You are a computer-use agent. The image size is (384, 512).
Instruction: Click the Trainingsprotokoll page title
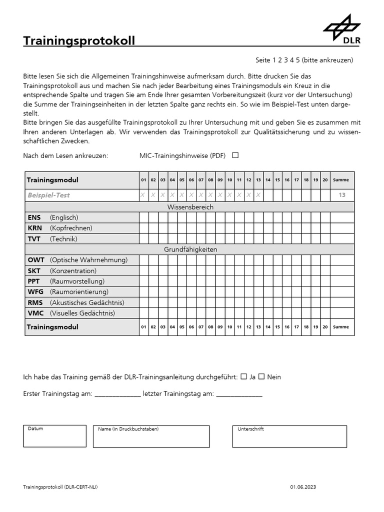coord(79,41)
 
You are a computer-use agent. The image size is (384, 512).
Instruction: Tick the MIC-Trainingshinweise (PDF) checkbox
coord(235,155)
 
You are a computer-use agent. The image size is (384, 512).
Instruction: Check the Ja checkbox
coord(243,376)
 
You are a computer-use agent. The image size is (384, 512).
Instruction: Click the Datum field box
coord(54,436)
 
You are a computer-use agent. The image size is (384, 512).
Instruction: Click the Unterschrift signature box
coord(289,436)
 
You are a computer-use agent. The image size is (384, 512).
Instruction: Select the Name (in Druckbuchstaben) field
coord(151,436)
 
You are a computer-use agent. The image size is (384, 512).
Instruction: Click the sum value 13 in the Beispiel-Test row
coord(342,195)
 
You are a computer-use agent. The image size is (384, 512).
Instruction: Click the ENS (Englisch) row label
coord(53,217)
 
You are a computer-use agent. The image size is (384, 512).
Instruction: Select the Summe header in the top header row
coord(341,180)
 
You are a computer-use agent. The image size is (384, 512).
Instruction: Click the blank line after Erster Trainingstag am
coord(117,394)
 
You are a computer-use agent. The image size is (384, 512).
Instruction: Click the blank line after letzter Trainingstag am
coord(239,394)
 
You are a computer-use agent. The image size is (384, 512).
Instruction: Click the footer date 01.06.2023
coord(303,487)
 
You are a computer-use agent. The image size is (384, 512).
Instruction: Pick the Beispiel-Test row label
coord(48,195)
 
